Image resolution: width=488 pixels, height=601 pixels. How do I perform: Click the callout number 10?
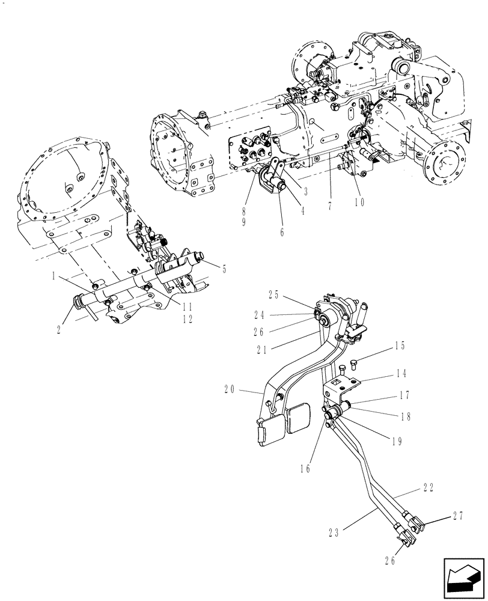tap(359, 203)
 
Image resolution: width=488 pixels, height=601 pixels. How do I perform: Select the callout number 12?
tap(188, 320)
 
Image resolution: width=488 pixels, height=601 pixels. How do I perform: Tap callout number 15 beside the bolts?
tap(400, 346)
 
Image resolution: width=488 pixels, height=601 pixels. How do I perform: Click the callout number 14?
tap(400, 373)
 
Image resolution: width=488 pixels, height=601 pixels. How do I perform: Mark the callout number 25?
tap(274, 294)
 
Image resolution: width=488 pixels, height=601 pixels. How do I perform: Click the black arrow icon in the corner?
tap(464, 578)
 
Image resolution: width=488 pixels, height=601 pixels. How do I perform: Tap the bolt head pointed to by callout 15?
tap(353, 362)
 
